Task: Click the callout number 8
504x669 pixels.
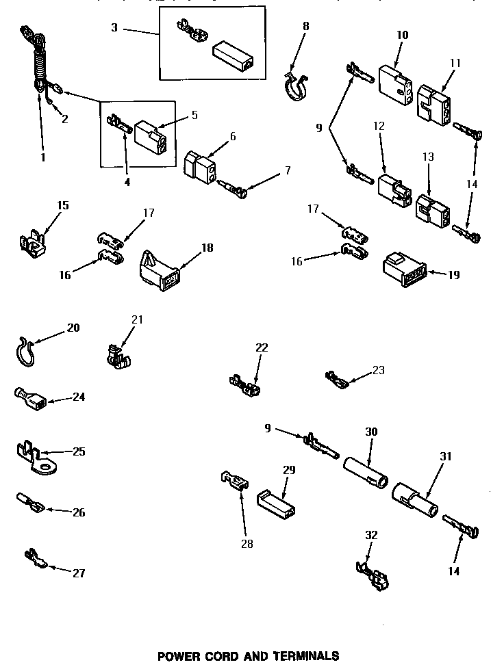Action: pos(305,26)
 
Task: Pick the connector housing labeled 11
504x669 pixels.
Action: pos(433,103)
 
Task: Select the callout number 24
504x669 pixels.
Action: pos(79,396)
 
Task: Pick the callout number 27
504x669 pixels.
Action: pos(79,573)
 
